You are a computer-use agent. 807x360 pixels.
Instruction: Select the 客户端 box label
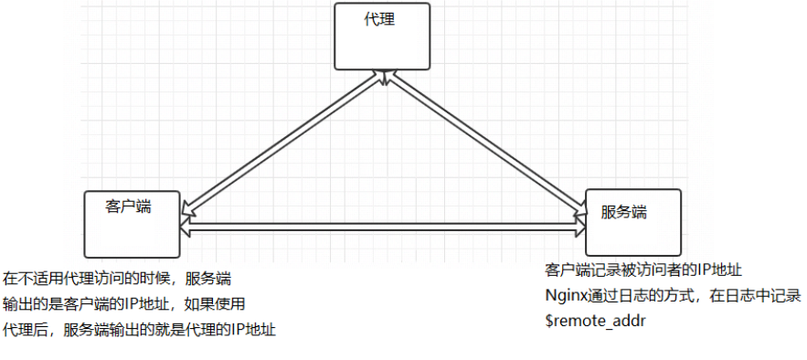coord(128,206)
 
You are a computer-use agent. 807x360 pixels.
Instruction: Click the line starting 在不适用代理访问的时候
coord(116,278)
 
